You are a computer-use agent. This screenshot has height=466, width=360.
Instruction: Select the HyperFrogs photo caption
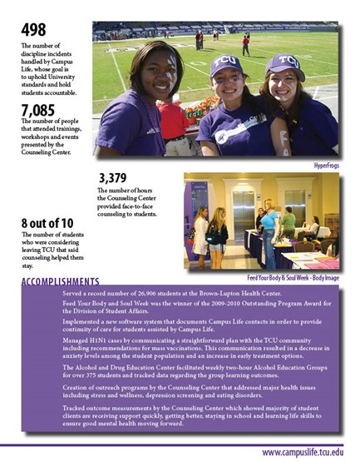pos(328,166)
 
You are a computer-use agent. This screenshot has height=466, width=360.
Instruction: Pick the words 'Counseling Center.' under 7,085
pos(51,153)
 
